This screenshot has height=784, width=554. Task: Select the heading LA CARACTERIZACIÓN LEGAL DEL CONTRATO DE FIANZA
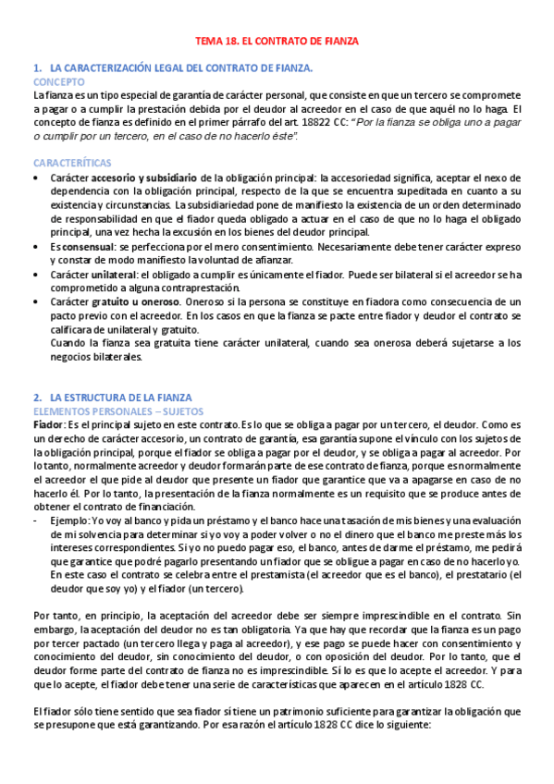181,68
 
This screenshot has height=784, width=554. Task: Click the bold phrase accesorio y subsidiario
143,177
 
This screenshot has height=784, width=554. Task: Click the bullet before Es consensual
36,249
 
